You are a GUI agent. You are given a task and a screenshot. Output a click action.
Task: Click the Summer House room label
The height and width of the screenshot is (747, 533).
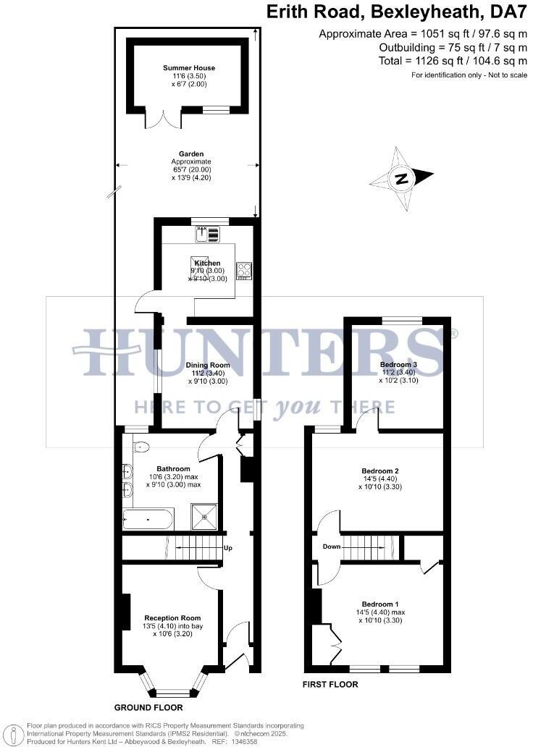(x=188, y=68)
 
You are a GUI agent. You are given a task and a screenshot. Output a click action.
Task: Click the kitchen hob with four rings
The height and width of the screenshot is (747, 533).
(x=244, y=269)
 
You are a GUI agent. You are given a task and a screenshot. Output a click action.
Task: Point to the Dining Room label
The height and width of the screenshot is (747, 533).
(x=208, y=366)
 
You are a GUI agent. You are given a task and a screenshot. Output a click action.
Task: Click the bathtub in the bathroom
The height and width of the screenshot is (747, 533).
(x=148, y=519)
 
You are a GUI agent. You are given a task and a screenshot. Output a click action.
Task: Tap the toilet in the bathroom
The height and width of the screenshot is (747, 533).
(x=140, y=447)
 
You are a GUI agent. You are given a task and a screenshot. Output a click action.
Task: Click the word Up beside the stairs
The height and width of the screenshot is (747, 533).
(x=228, y=547)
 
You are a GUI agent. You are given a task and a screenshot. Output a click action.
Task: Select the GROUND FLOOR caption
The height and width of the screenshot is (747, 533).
(x=148, y=707)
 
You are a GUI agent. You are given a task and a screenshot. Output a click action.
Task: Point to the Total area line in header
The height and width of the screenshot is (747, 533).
(x=453, y=61)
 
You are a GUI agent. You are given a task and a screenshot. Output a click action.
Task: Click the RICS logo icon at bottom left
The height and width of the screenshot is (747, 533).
(x=14, y=733)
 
